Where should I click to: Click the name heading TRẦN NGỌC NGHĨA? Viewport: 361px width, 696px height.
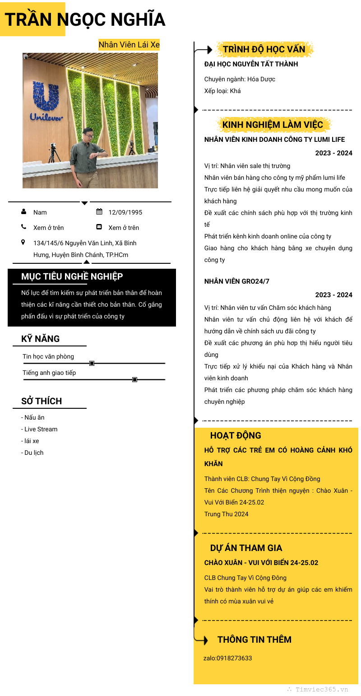[85, 20]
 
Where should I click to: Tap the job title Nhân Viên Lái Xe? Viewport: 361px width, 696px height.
[129, 45]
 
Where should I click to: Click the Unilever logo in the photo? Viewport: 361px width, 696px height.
[46, 102]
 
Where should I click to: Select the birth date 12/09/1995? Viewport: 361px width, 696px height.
[125, 212]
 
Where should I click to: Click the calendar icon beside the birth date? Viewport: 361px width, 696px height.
[99, 212]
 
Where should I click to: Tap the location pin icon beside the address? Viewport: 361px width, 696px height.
[23, 243]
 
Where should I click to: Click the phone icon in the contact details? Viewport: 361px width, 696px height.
[23, 227]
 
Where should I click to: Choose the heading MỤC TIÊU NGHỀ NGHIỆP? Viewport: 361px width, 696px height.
[72, 276]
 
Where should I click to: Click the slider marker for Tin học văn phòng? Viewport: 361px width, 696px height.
[92, 363]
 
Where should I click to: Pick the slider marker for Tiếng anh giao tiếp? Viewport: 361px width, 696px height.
[134, 379]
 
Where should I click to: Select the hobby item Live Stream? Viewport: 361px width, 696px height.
[41, 429]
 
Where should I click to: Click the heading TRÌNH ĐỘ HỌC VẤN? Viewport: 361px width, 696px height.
[264, 49]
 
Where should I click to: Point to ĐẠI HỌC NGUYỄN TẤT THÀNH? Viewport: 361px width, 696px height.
[251, 64]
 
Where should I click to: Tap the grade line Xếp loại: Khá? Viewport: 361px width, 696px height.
[222, 91]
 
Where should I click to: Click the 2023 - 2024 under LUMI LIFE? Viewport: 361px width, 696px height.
[333, 153]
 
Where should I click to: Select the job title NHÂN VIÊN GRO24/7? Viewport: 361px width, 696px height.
[236, 281]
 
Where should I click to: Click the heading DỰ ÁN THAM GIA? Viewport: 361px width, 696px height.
[246, 548]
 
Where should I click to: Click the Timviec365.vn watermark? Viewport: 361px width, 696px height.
[321, 690]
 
